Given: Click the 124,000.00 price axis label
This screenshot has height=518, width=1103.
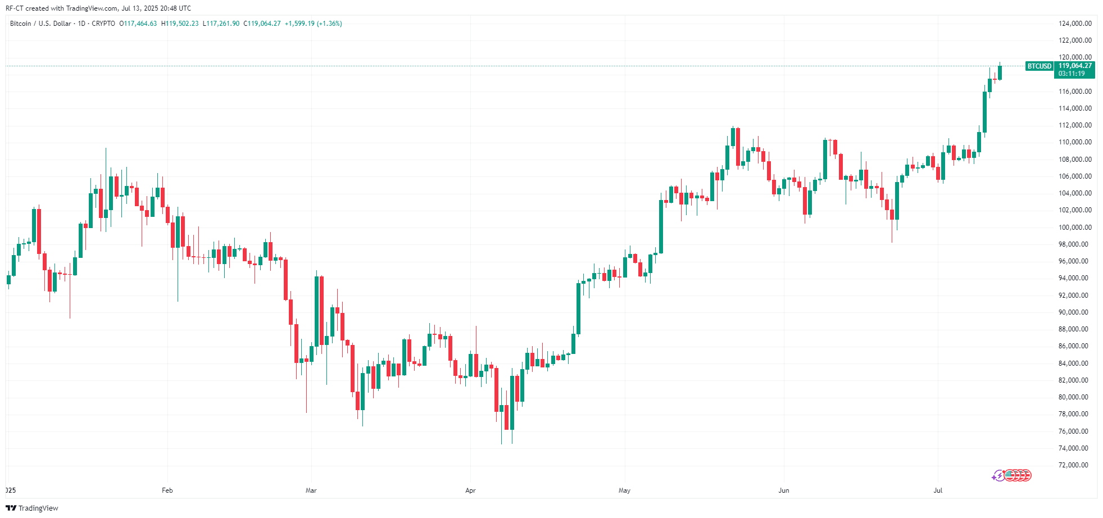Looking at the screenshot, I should point(1075,24).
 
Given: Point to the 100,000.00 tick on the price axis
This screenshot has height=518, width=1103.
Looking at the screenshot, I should point(1075,227).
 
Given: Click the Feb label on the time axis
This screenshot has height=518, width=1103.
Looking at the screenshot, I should point(167,490).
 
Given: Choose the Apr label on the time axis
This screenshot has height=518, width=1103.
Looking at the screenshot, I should point(470,490).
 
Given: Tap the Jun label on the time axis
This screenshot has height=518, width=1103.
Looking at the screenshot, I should point(783,490).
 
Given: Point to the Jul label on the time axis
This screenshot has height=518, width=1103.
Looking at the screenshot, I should point(938,490).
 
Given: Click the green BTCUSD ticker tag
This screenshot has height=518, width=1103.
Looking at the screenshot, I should point(1039,66).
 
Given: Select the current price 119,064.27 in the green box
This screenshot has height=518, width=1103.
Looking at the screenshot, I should point(1075,66).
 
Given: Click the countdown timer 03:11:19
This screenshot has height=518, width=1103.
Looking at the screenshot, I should point(1072,74).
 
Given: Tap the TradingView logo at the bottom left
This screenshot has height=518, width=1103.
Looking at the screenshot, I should point(32,508).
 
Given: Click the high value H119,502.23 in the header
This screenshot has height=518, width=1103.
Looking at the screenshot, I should point(180,24).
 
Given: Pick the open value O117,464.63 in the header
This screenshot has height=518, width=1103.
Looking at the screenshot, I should point(138,24).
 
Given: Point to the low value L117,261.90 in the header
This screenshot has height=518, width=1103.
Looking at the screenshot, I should point(221,24).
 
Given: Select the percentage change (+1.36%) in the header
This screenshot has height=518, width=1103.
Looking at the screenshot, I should point(329,24).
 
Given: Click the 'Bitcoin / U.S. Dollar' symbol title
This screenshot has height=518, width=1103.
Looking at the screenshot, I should point(40,24).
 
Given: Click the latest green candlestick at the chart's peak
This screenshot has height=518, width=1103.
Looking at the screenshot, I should point(1000,72).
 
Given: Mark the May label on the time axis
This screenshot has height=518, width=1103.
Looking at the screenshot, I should point(624,490).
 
